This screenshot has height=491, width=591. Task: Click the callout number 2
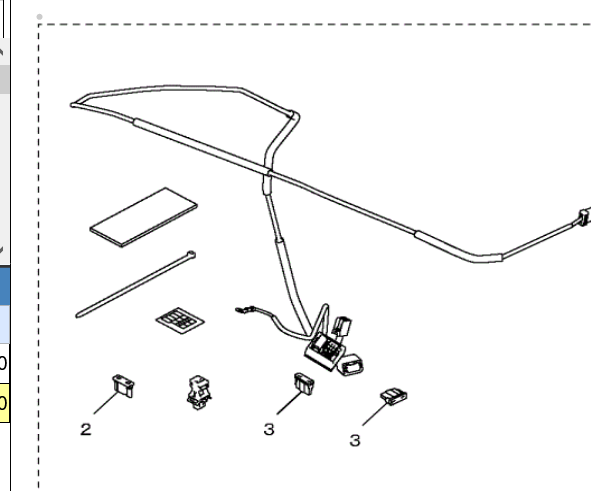coord(86,430)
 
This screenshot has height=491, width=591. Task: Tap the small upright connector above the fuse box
coord(341,326)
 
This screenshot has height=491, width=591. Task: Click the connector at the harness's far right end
coord(583,217)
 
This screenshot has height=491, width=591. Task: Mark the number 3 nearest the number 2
coord(268,430)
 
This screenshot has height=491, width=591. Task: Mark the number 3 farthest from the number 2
coord(354,439)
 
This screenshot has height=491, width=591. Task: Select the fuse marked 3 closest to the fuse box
coord(301,382)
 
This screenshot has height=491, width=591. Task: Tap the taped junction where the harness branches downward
coord(267,185)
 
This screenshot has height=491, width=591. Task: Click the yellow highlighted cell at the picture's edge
coord(3,401)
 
